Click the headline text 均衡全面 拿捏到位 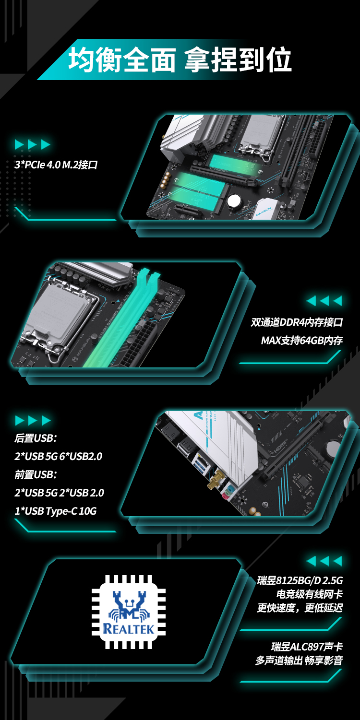tap(180, 60)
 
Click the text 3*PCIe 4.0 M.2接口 tap(56, 165)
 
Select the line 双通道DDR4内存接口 tap(297, 322)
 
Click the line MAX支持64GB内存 tap(302, 341)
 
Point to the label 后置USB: tap(36, 438)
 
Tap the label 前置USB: tap(36, 474)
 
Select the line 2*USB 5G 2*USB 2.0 tap(59, 493)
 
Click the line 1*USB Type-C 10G tap(55, 511)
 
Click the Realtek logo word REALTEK tap(129, 629)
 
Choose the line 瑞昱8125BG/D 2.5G tap(300, 580)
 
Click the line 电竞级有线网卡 tap(310, 594)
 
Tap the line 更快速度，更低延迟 tap(300, 608)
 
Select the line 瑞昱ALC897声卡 tap(307, 647)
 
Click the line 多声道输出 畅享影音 tap(299, 660)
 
